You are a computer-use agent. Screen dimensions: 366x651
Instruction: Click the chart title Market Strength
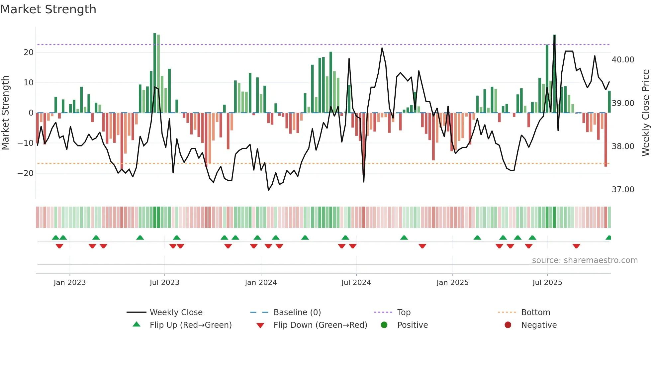pos(48,9)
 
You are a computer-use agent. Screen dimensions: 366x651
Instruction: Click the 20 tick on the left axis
pos(29,52)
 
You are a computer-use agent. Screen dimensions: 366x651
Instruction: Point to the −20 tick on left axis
pos(26,173)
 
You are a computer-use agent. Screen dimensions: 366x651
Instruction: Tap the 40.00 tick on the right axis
pos(623,60)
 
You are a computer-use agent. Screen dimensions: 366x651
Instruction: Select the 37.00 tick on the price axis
pos(623,190)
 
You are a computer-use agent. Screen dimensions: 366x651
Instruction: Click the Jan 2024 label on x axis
pos(261,283)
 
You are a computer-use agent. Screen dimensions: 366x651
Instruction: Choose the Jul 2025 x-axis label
pos(547,283)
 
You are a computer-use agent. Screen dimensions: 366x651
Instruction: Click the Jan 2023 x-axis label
pos(70,283)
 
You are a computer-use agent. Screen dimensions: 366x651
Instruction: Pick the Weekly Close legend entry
pos(176,313)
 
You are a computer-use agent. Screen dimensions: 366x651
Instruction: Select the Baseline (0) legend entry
pos(297,313)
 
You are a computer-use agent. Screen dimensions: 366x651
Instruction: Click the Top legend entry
pos(404,313)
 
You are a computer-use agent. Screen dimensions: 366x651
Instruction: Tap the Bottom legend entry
pos(535,313)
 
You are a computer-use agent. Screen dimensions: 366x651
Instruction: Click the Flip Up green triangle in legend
pos(137,324)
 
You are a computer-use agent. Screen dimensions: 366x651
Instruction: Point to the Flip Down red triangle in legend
pos(260,325)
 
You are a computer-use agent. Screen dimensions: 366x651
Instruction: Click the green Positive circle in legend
pos(384,325)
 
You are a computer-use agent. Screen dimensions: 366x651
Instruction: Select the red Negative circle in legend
pos(508,325)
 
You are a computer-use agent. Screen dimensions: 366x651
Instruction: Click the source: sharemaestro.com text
pos(585,260)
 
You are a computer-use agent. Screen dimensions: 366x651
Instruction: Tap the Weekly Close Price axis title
pos(645,113)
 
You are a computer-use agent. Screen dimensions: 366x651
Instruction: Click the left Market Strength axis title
pos(5,113)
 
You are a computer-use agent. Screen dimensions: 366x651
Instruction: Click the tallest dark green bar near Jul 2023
pos(155,73)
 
